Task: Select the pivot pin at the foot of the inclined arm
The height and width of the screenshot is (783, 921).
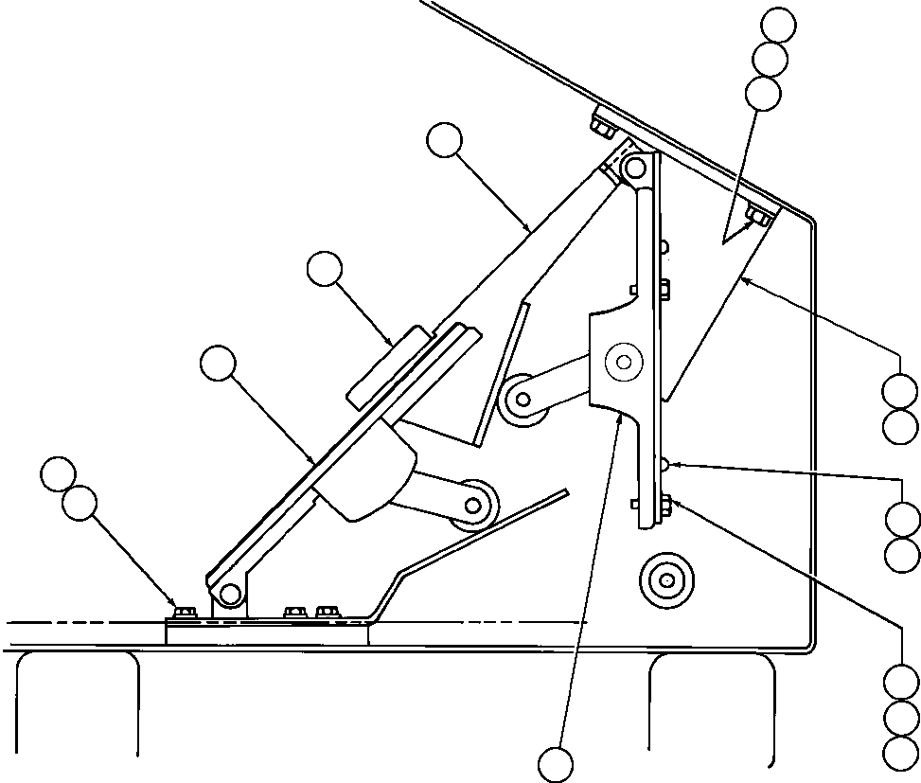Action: coord(227,594)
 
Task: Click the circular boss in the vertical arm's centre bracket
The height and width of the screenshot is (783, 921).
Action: coord(622,361)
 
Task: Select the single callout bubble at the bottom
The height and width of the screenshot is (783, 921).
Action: coord(556,763)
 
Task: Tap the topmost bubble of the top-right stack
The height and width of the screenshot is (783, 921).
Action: coord(780,26)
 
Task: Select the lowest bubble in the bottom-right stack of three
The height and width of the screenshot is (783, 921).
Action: coord(900,753)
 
